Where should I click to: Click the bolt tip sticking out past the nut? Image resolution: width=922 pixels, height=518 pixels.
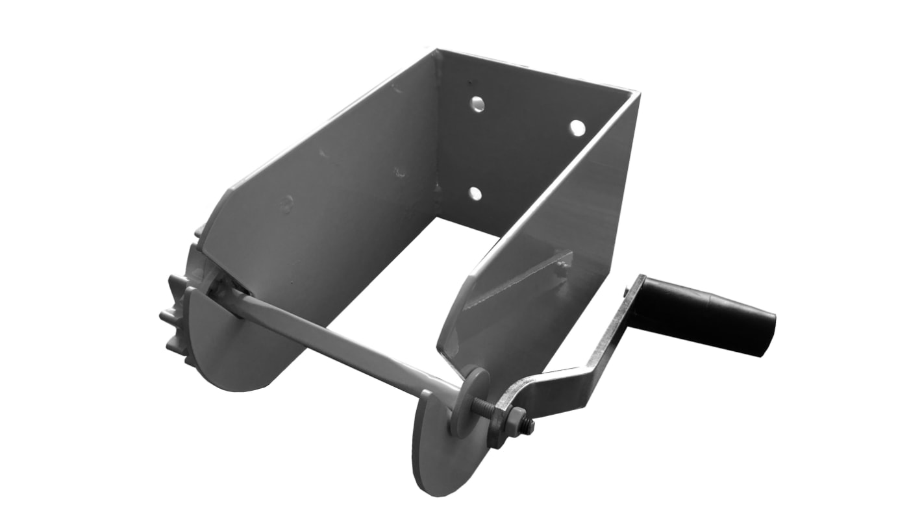(529, 426)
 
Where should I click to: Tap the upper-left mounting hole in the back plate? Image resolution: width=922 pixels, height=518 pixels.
(478, 104)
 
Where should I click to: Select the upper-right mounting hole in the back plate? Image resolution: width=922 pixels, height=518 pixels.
(577, 128)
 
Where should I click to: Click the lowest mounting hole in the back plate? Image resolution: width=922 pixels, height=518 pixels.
(475, 193)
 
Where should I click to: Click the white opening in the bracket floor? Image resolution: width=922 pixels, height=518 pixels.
(416, 279)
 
